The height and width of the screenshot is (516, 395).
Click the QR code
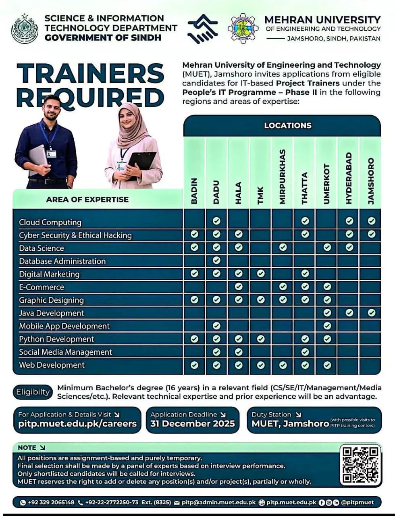click(360, 464)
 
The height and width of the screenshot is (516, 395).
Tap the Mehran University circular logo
click(243, 28)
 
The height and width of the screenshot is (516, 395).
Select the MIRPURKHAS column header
click(283, 177)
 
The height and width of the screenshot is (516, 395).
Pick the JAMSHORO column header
click(371, 181)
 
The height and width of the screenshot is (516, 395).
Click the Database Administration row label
click(62, 261)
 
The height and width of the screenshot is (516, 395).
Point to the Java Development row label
click(52, 313)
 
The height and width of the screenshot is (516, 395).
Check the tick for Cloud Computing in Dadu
click(216, 221)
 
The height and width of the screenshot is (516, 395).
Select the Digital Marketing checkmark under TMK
click(261, 274)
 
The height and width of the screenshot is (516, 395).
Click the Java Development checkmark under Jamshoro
click(371, 312)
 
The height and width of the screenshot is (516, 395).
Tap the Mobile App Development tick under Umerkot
click(327, 325)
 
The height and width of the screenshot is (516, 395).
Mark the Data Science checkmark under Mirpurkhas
click(283, 247)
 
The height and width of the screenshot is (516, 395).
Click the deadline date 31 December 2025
click(192, 424)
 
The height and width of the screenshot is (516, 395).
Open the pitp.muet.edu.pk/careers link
click(77, 424)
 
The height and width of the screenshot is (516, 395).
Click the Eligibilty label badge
click(33, 392)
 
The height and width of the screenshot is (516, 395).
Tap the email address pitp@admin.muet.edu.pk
click(218, 502)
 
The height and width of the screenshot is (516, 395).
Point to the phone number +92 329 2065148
click(51, 502)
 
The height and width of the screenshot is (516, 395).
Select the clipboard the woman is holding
click(142, 163)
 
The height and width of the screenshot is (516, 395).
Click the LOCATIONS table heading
click(287, 125)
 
